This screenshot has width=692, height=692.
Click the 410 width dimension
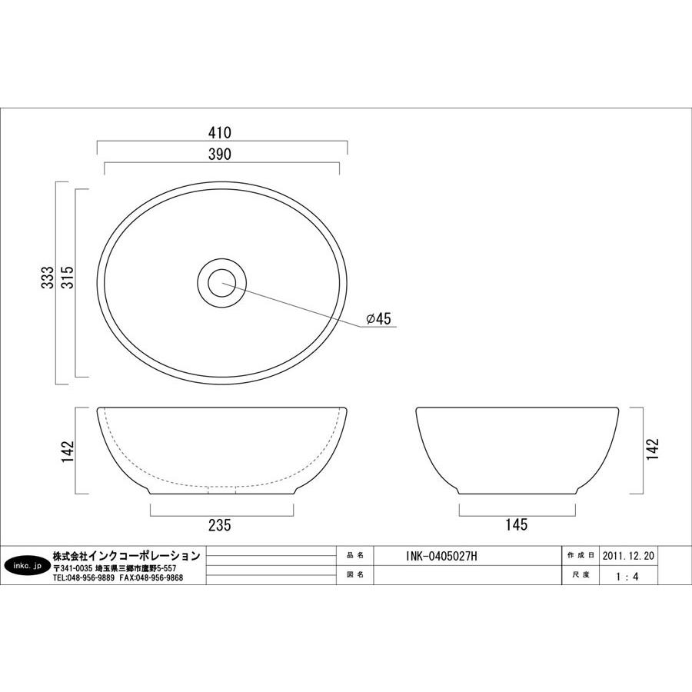coord(219,132)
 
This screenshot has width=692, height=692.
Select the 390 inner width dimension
coord(219,154)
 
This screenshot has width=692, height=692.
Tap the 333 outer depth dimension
coord(48,277)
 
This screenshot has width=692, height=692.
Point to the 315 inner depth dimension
coord(68,277)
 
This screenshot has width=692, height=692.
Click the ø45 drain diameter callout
coord(378,318)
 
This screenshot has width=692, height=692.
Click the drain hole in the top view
coord(221,283)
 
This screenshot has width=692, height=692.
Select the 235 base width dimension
coord(219,525)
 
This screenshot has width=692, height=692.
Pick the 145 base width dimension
coord(517,524)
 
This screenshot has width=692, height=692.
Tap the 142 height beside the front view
coord(68,451)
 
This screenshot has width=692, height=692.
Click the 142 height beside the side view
coord(652,449)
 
